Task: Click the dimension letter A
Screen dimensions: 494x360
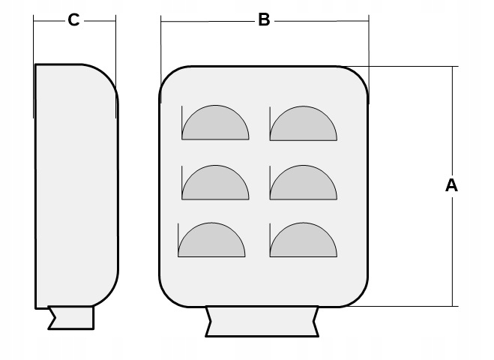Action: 451,184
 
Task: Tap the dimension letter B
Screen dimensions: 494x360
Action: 264,20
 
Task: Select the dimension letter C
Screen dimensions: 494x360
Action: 73,20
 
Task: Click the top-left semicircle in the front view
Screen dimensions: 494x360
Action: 216,125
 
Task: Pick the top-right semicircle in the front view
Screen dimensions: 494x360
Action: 304,125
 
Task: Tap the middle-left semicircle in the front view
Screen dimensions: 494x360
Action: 216,184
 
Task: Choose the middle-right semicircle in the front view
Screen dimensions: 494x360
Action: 304,184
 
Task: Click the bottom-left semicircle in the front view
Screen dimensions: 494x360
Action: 211,243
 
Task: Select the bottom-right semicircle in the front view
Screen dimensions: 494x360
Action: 304,243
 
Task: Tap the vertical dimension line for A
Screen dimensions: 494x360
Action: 452,247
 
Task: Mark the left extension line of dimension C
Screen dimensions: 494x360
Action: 34,45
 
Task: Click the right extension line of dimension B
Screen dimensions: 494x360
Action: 369,45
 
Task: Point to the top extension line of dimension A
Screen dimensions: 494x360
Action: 412,67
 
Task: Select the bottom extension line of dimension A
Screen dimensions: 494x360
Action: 412,306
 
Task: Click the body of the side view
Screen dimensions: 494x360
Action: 75,187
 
